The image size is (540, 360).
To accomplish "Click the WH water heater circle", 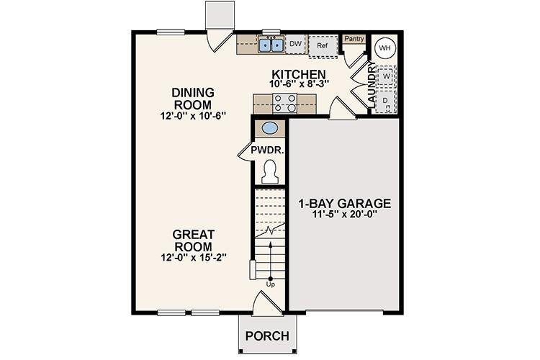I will pyautogui.click(x=384, y=48).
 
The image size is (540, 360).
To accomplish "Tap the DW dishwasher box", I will pyautogui.click(x=295, y=45).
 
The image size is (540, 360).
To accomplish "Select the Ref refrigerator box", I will pyautogui.click(x=322, y=45).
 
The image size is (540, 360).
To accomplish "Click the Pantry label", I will pyautogui.click(x=353, y=39).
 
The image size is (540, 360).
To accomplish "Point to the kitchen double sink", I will pyautogui.click(x=271, y=45).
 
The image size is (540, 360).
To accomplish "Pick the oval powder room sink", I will pyautogui.click(x=269, y=130).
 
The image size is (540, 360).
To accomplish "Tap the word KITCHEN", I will pyautogui.click(x=299, y=74).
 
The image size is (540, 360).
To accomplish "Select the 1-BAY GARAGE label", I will pyautogui.click(x=345, y=203).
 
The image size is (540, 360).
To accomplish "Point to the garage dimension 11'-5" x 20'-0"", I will pyautogui.click(x=344, y=214).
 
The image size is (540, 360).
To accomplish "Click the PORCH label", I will pyautogui.click(x=267, y=336).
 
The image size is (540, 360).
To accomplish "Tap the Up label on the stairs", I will pyautogui.click(x=271, y=284).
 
